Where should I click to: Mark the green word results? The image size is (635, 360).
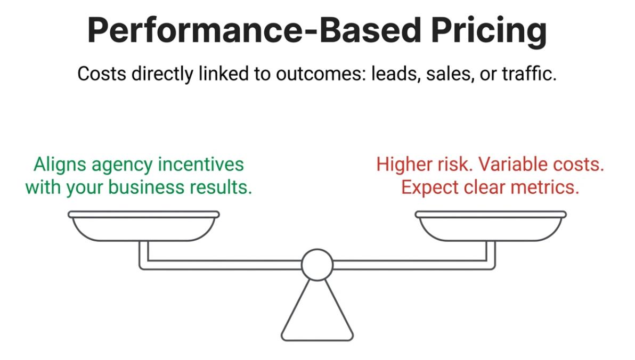click(x=226, y=187)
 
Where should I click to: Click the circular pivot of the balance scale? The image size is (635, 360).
click(x=317, y=264)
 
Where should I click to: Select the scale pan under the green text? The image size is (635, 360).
click(x=143, y=226)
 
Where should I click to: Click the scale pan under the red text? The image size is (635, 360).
click(x=491, y=226)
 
